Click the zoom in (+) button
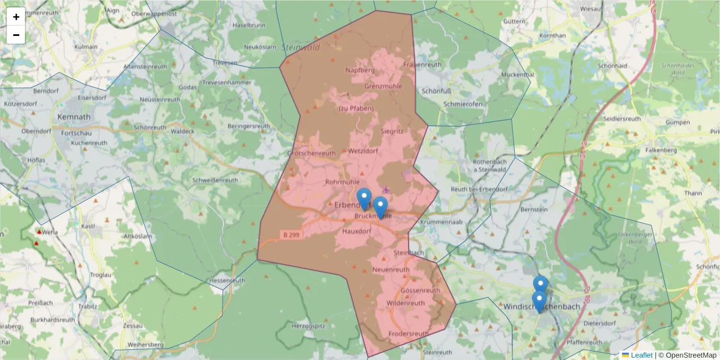[x=16, y=17]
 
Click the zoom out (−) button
[x=16, y=35]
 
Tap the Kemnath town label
[x=73, y=116]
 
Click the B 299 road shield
[x=291, y=235]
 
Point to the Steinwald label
[x=301, y=47]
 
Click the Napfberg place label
[x=360, y=70]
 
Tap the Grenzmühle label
[x=383, y=86]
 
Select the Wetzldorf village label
[x=363, y=151]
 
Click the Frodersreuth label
[x=409, y=334]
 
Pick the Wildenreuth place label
[x=406, y=303]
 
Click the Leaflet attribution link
[x=641, y=355]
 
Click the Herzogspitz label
[x=308, y=325]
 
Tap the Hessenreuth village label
[x=227, y=280]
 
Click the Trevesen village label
[x=225, y=63]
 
